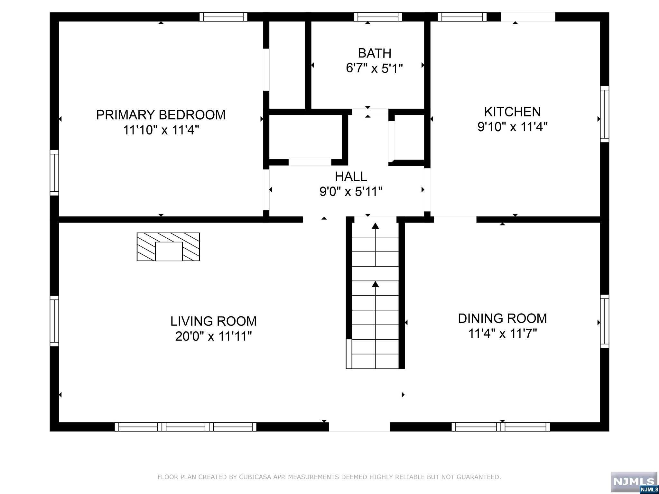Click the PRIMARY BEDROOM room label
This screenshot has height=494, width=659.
(161, 115)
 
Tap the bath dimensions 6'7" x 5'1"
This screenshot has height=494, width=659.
(374, 68)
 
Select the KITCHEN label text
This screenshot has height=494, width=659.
(512, 112)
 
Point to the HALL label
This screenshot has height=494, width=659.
(351, 176)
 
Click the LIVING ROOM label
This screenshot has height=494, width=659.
(213, 321)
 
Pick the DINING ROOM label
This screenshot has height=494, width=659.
(502, 318)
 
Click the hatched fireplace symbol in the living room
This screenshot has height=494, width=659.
(168, 247)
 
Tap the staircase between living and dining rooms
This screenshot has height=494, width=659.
(375, 293)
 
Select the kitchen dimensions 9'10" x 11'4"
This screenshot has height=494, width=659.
(512, 127)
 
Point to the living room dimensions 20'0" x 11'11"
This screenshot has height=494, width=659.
(213, 336)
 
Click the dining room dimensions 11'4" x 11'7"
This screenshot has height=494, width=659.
(502, 334)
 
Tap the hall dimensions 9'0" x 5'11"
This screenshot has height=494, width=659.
(351, 192)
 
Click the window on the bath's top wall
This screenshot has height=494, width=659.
(378, 17)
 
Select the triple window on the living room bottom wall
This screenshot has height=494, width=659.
(186, 427)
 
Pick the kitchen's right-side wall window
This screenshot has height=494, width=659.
(605, 114)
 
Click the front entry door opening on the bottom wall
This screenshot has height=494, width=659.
(359, 427)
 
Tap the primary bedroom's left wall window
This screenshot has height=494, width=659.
(54, 173)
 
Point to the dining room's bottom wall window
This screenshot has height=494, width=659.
(501, 427)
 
